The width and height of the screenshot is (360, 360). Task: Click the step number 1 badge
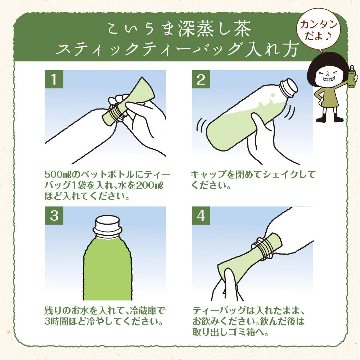54,79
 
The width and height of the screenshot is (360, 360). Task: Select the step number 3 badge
54,216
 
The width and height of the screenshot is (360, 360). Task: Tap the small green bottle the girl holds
351,77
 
